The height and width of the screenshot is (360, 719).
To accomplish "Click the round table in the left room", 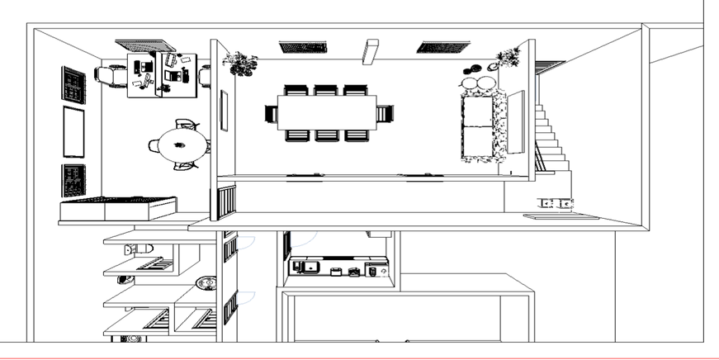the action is [x=182, y=146].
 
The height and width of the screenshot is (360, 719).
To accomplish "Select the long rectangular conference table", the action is [x=326, y=112].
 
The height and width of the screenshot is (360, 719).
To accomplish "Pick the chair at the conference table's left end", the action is [x=271, y=113].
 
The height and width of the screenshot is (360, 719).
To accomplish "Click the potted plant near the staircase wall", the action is [x=509, y=58].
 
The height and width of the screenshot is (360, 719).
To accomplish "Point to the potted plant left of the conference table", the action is [x=240, y=62].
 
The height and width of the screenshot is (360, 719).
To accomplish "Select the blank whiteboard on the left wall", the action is [x=74, y=131].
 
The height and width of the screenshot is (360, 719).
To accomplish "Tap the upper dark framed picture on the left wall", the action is [x=73, y=85].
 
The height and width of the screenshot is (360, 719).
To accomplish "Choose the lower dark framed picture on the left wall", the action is [x=73, y=178].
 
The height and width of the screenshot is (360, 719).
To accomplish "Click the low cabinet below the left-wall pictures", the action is [x=117, y=209].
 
